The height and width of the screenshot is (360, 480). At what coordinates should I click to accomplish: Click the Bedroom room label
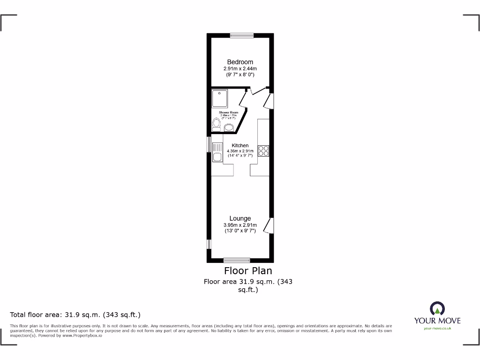point(240,62)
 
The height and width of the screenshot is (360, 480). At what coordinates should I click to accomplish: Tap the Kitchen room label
point(240,145)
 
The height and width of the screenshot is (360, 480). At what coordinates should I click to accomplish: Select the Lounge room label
point(240,218)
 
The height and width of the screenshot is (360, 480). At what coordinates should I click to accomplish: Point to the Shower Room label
point(229,112)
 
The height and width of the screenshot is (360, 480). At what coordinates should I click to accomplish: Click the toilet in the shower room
point(217,124)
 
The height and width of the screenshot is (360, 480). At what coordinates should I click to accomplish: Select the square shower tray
point(219,99)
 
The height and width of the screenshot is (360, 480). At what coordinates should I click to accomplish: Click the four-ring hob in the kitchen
point(263,150)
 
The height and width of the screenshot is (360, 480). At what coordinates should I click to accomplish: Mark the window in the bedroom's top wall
point(242,35)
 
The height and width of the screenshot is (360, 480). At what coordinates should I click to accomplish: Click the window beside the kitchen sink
point(209,144)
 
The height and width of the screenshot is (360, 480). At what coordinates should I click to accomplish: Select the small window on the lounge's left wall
point(209,244)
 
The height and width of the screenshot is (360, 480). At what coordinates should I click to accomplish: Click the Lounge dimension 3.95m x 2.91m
point(240,225)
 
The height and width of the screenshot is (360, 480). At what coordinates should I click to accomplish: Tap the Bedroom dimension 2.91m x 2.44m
point(240,68)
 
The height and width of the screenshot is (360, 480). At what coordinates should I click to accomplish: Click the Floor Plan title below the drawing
point(248,270)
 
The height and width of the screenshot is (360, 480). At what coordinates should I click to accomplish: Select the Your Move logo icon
point(437,308)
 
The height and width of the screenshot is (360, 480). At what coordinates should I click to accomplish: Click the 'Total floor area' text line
point(75,315)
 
